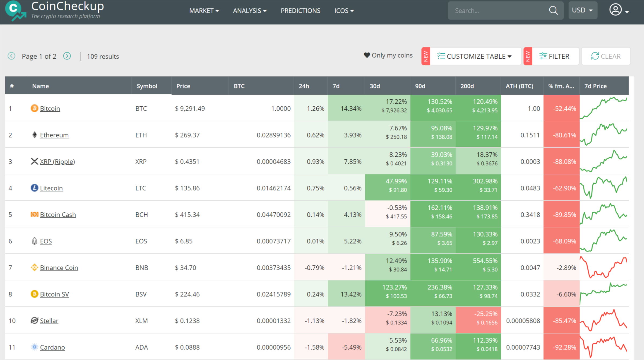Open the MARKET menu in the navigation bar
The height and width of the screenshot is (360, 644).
(x=204, y=11)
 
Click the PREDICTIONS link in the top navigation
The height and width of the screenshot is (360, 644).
(x=300, y=11)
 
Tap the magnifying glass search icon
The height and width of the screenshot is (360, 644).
(x=553, y=11)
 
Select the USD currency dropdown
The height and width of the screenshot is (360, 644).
(x=582, y=10)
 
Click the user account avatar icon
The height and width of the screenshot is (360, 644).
(x=616, y=10)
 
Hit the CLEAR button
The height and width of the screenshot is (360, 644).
(x=606, y=56)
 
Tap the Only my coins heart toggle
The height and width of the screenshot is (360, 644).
(x=367, y=55)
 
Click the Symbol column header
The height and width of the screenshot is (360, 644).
(x=147, y=86)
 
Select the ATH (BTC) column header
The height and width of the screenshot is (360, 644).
(x=519, y=86)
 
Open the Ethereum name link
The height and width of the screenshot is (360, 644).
(x=54, y=135)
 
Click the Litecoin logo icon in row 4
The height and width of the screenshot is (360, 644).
(x=34, y=188)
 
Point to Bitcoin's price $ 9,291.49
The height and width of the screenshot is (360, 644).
(x=190, y=109)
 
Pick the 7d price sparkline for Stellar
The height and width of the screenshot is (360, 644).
(x=604, y=321)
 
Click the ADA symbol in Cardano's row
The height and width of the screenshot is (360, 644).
(x=142, y=347)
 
